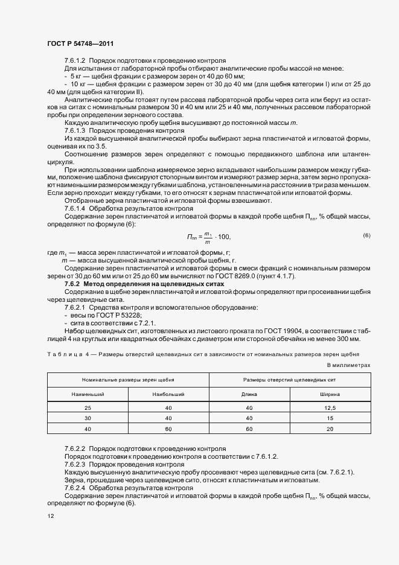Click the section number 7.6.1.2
point(75,61)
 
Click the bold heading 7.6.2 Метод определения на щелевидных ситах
point(144,283)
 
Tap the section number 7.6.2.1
point(75,307)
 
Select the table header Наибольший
point(168,394)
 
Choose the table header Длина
point(249,394)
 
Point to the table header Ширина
point(330,394)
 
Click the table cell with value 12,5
point(330,409)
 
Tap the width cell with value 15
point(330,418)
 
